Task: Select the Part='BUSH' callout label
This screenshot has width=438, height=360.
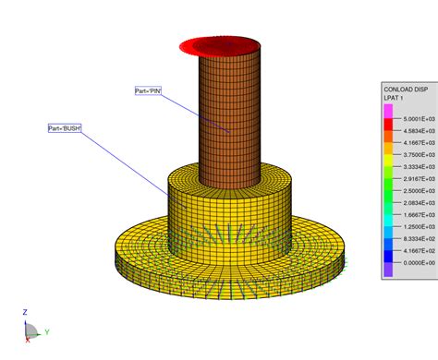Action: coord(66,128)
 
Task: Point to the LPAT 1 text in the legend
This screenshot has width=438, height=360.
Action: coord(396,98)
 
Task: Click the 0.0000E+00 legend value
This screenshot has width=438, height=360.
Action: coord(414,262)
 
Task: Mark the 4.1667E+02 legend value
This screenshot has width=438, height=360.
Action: coord(414,250)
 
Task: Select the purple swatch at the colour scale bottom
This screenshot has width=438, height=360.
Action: coord(388,269)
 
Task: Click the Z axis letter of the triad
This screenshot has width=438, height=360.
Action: coord(25,313)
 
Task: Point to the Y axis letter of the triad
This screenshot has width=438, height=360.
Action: coord(45,331)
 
